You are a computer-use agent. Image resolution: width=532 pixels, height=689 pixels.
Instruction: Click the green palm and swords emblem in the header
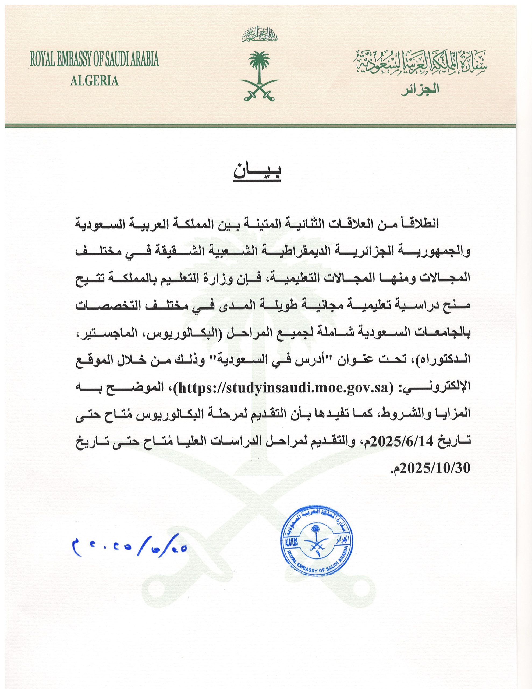pyautogui.click(x=260, y=76)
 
